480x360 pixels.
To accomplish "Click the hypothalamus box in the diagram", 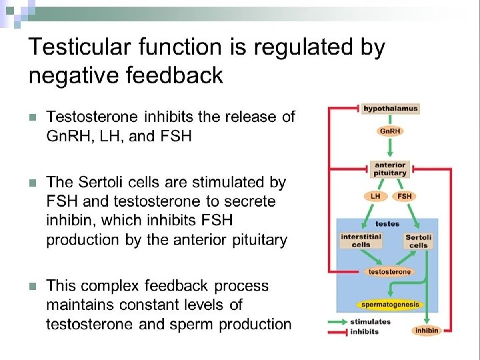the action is click(390, 109).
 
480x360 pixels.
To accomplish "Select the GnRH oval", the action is click(390, 131).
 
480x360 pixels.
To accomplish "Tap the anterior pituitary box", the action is click(390, 169).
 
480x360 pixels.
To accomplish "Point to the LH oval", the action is click(375, 196).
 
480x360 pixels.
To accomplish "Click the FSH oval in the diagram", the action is click(404, 196).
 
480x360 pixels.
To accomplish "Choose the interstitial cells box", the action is click(361, 241).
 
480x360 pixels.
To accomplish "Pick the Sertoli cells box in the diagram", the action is click(418, 241).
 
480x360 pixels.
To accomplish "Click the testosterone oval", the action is click(389, 272).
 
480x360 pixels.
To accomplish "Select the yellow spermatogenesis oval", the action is click(390, 305).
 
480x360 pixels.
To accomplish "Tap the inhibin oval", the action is click(427, 331).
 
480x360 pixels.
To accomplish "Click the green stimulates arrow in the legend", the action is click(337, 322).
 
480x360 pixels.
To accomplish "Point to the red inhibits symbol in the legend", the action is click(337, 332).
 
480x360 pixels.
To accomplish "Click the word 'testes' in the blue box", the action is click(387, 224).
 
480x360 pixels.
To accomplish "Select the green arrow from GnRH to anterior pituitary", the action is click(390, 147).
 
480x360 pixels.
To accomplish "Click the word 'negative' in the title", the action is click(73, 75).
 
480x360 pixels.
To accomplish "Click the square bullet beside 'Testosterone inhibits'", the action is click(33, 117).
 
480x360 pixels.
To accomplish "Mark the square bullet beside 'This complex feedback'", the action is click(33, 287).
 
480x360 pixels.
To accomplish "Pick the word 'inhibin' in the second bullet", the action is click(69, 220).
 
